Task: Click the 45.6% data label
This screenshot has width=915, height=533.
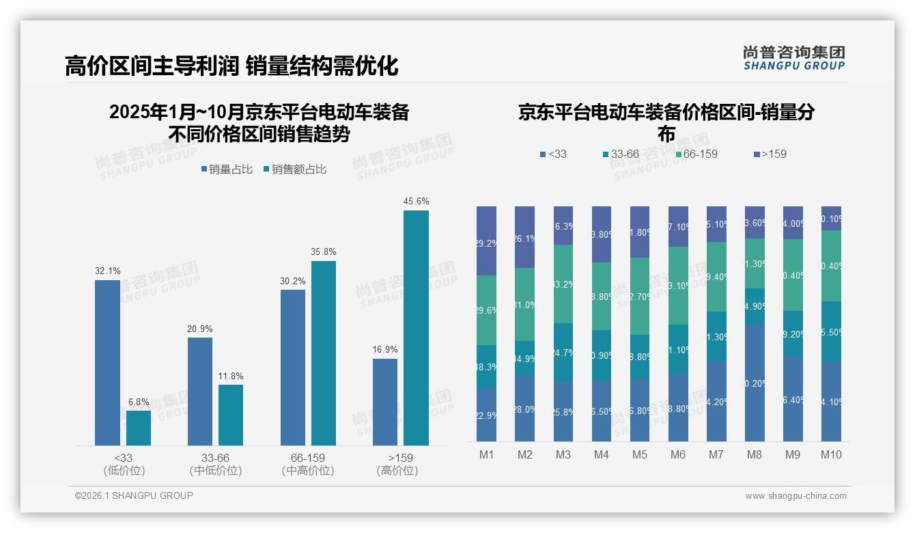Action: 416,202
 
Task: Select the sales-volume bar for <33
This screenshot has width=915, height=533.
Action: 107,363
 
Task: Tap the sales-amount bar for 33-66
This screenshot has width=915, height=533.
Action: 231,415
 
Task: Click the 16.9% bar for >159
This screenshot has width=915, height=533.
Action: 385,402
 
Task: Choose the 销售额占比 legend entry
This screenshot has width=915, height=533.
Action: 294,169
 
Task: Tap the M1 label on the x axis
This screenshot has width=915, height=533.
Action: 486,455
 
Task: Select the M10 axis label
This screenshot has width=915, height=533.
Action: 831,455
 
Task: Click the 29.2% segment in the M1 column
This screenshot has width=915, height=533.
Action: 486,241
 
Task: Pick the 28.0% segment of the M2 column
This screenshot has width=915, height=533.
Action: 524,409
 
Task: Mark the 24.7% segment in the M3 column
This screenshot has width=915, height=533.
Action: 563,352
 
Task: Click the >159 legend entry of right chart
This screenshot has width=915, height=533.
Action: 770,154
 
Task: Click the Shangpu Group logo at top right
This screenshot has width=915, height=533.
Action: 793,58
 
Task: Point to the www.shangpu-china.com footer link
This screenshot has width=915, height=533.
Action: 796,496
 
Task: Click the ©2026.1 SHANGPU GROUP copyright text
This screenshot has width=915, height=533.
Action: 134,495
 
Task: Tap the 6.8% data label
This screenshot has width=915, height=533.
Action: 139,402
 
